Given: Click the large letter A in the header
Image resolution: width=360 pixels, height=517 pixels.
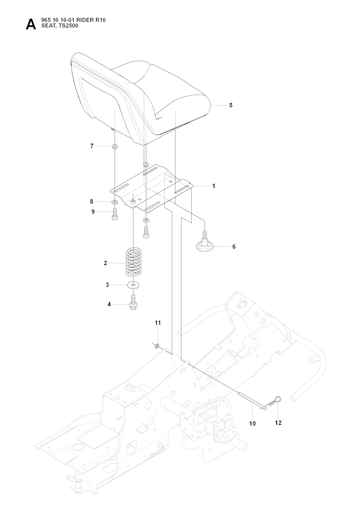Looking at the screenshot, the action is pyautogui.click(x=31, y=25).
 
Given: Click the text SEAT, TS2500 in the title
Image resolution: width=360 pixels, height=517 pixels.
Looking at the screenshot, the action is pyautogui.click(x=60, y=26).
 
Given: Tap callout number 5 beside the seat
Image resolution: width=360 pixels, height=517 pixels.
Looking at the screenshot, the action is pyautogui.click(x=231, y=105).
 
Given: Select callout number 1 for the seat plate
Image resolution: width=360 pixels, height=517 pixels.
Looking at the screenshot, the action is pyautogui.click(x=214, y=186).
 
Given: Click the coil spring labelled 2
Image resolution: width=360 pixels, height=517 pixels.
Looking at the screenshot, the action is pyautogui.click(x=133, y=262).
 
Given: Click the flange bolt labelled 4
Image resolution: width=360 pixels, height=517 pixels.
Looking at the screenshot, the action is pyautogui.click(x=133, y=303).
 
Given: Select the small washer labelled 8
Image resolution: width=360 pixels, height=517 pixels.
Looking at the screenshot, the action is pyautogui.click(x=115, y=202).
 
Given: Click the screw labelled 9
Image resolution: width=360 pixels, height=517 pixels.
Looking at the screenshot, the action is pyautogui.click(x=115, y=214).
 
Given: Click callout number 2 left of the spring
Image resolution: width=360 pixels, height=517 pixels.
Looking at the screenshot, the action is pyautogui.click(x=105, y=263).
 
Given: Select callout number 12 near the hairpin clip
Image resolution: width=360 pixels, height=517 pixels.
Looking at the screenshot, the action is pyautogui.click(x=278, y=423).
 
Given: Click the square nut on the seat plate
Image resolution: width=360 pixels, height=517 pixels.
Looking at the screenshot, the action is pyautogui.click(x=133, y=202).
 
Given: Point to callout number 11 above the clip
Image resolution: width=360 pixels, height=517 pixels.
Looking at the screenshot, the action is pyautogui.click(x=158, y=323).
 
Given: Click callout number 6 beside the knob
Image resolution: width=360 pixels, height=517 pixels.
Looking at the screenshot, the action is pyautogui.click(x=234, y=247).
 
